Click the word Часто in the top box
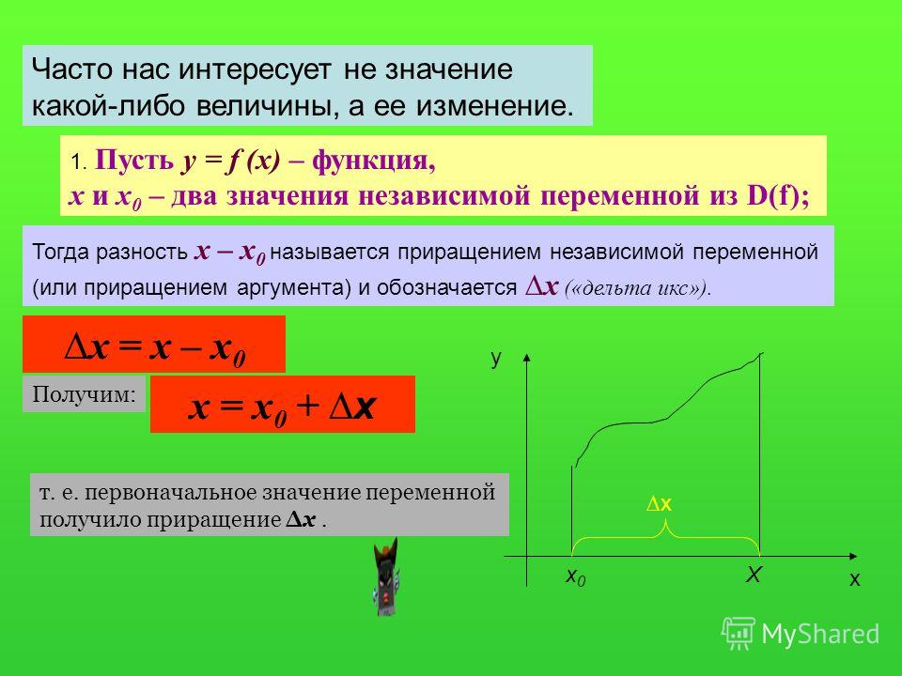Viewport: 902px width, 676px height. (71, 69)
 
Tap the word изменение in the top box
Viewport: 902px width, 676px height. (493, 106)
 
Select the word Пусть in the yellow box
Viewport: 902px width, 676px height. (134, 160)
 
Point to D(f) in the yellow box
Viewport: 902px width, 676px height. (773, 195)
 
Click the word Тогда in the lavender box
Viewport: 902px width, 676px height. (61, 252)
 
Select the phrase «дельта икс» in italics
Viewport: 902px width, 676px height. (635, 287)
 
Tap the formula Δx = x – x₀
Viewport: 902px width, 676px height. (155, 347)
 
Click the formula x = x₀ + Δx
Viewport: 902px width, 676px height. (282, 407)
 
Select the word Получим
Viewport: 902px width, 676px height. (84, 393)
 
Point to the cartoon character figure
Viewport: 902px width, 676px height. (385, 576)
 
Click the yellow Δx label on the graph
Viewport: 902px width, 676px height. (660, 504)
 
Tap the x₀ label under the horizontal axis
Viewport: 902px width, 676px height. (575, 576)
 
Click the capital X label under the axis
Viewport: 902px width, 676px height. (754, 574)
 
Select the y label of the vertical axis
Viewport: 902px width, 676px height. (496, 358)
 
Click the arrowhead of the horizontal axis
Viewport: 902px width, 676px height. (854, 556)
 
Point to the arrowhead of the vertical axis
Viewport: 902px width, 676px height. (526, 357)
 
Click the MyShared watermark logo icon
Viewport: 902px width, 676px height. (739, 634)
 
